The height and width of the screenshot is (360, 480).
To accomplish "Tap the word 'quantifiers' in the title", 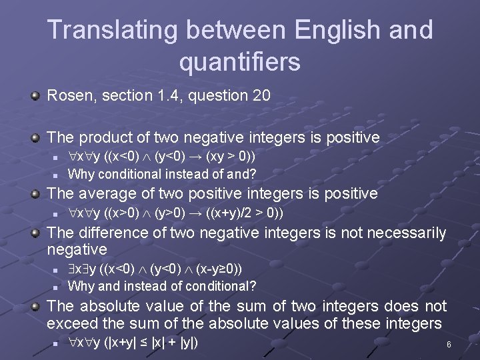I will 240,62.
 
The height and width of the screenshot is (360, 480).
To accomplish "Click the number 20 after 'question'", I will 261,96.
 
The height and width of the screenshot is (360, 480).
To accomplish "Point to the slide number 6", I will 449,345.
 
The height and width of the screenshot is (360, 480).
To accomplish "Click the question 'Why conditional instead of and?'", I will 162,175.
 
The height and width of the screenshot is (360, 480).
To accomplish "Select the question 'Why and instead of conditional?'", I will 162,287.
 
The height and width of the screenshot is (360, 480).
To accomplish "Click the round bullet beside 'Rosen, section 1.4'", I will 35,97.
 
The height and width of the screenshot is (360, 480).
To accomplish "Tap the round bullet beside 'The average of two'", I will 35,194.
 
